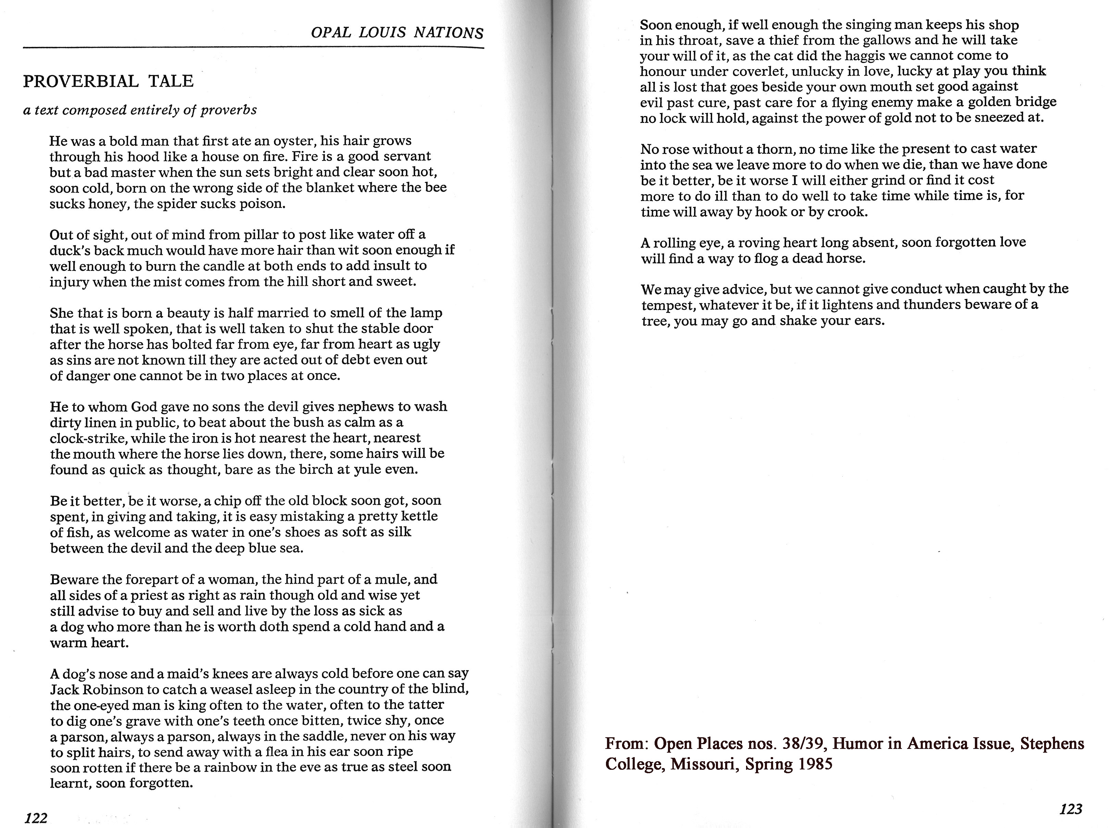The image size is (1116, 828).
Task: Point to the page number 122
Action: click(36, 818)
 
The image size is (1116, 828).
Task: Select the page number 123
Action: click(1070, 809)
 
